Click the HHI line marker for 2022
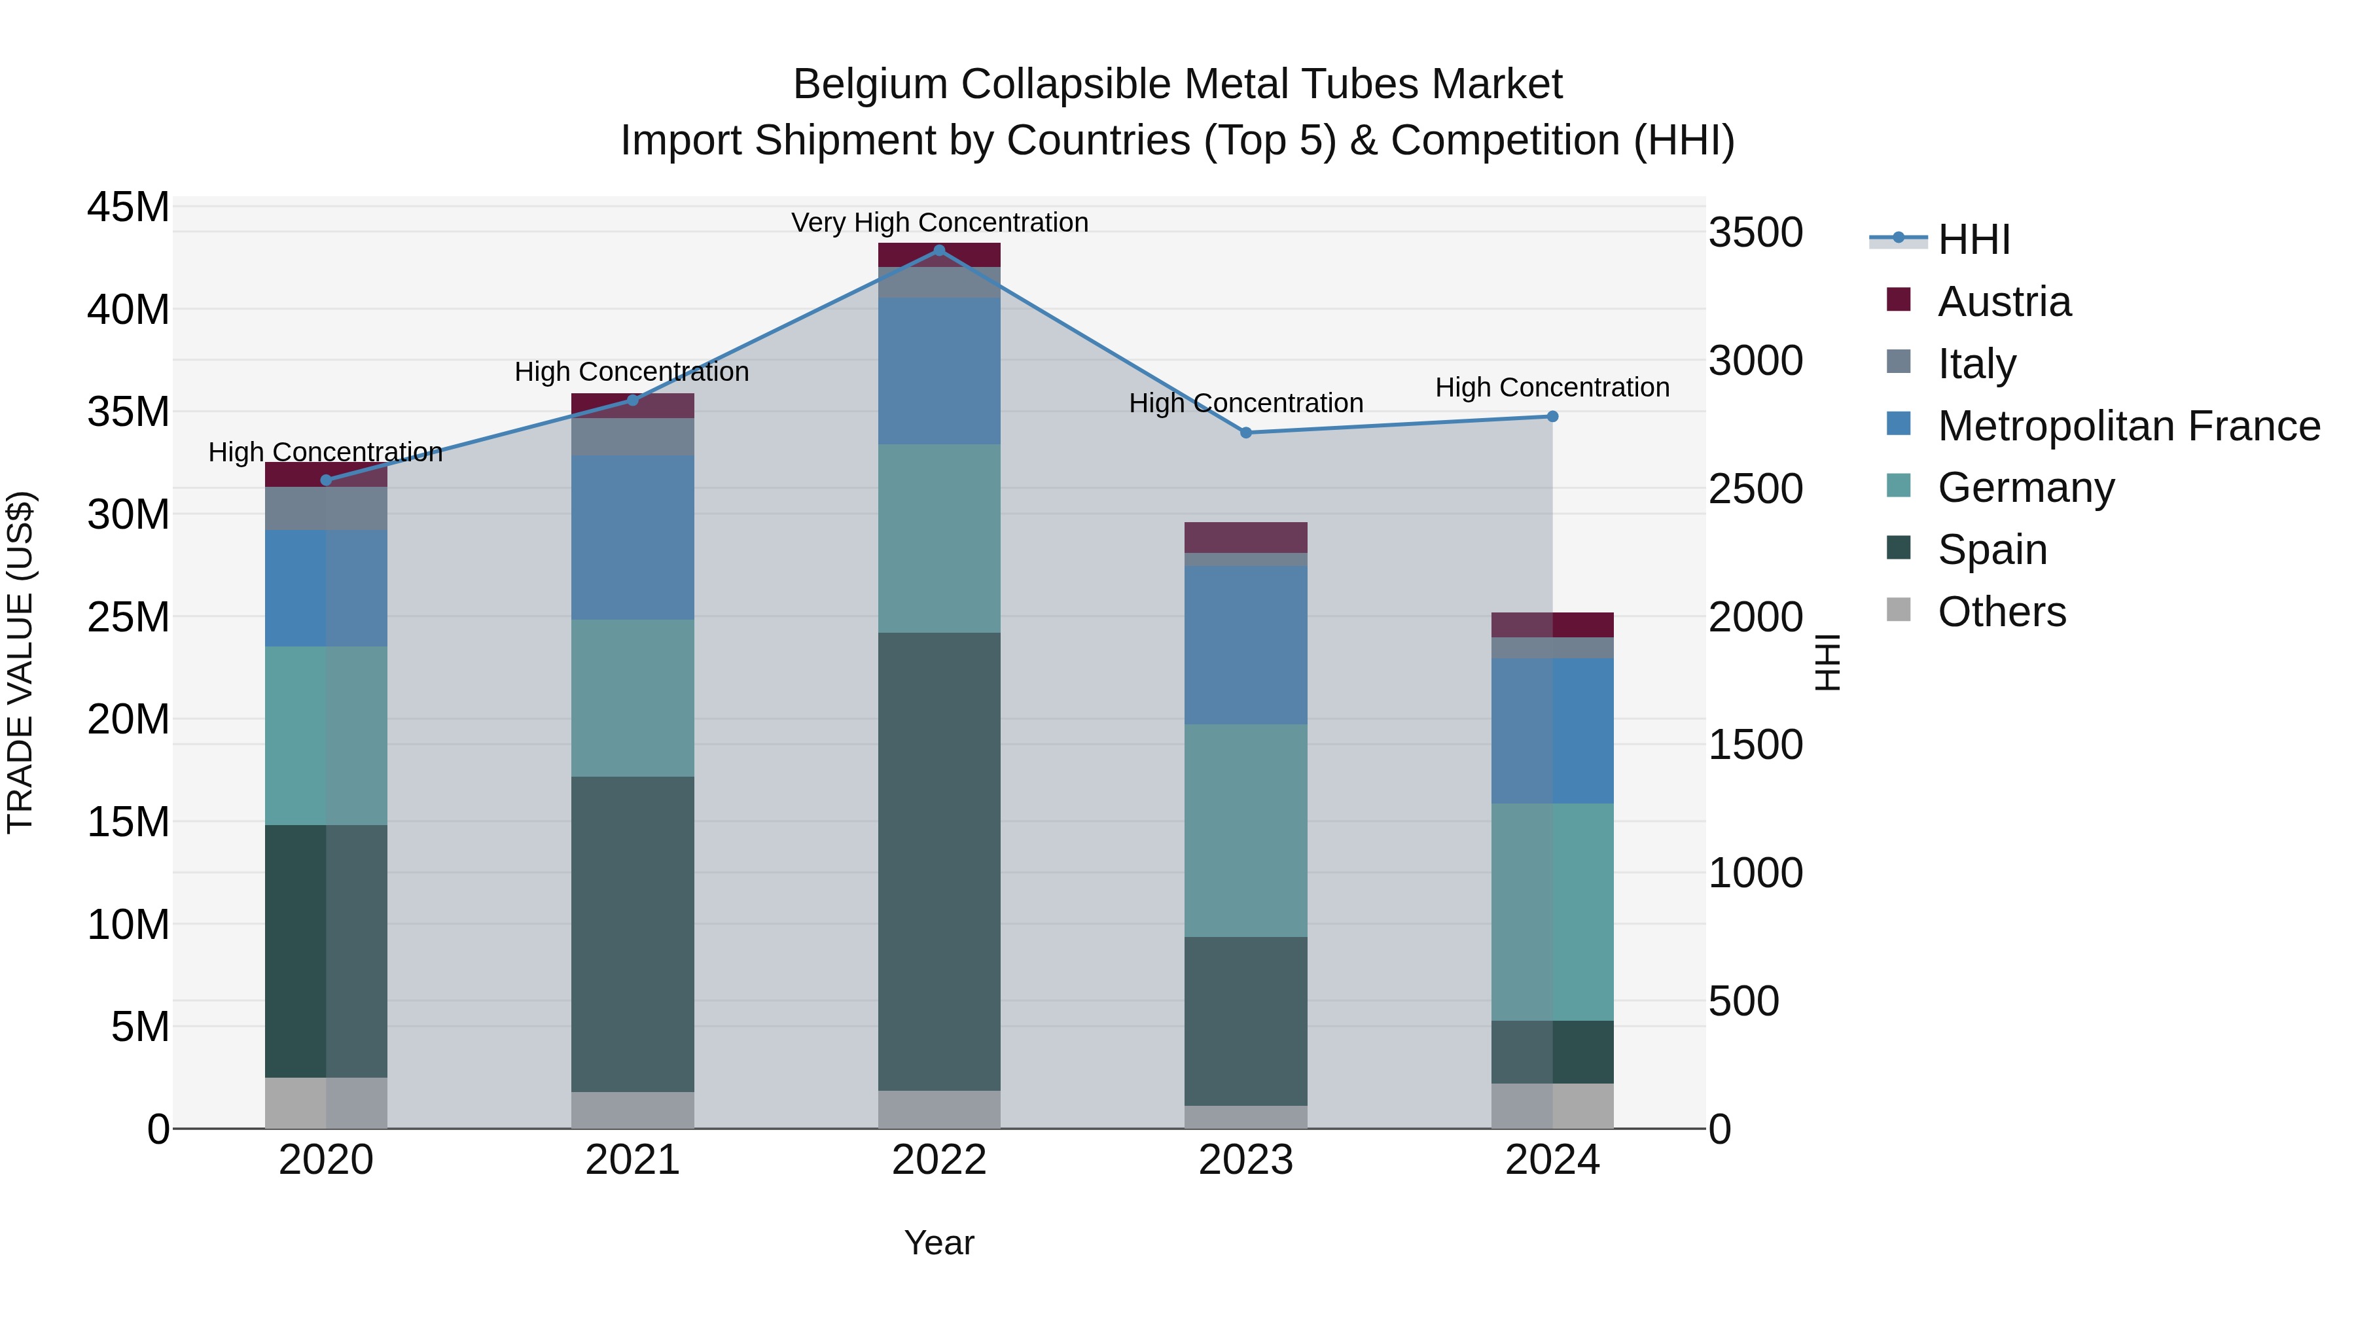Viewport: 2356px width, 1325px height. (938, 251)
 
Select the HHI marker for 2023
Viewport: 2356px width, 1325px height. (1245, 433)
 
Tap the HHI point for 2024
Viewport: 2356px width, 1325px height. (1552, 417)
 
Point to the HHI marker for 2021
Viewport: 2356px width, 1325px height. (632, 400)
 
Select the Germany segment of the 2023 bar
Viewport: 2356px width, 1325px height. (1245, 830)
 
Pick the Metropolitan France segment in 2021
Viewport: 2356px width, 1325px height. (632, 538)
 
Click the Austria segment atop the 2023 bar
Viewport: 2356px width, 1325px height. (1245, 537)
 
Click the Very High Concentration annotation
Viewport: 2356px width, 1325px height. (939, 223)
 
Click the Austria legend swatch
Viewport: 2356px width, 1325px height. (1899, 300)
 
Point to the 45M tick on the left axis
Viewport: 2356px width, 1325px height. (128, 207)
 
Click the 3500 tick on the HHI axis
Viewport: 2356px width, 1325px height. (1755, 232)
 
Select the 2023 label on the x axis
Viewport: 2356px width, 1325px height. (1245, 1160)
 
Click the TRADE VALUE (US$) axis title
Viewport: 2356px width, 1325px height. (20, 662)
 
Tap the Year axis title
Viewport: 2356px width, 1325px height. (938, 1243)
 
